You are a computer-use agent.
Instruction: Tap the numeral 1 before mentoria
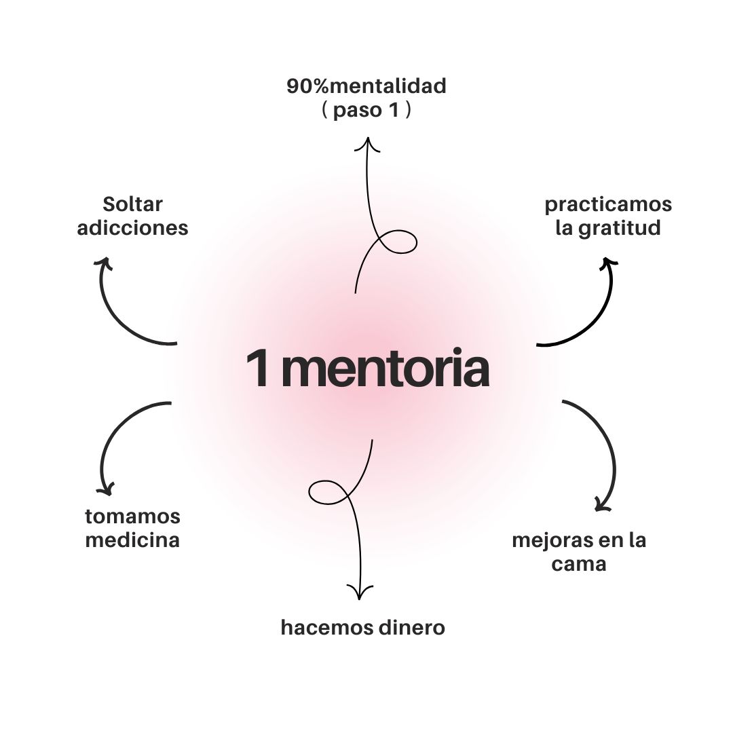pyautogui.click(x=257, y=369)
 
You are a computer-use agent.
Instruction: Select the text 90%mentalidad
pyautogui.click(x=366, y=87)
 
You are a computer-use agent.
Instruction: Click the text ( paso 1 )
pyautogui.click(x=366, y=111)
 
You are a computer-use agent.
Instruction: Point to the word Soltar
pyautogui.click(x=132, y=204)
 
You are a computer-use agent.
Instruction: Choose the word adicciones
pyautogui.click(x=132, y=228)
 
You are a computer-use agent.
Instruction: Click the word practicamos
pyautogui.click(x=608, y=205)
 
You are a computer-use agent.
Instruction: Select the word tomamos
pyautogui.click(x=132, y=516)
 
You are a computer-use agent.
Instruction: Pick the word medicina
pyautogui.click(x=132, y=540)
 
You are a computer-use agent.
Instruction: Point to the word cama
pyautogui.click(x=578, y=564)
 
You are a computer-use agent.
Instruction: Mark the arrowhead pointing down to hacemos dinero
pyautogui.click(x=359, y=592)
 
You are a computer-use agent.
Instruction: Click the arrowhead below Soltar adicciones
pyautogui.click(x=103, y=263)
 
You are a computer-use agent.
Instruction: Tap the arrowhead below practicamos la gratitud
pyautogui.click(x=609, y=263)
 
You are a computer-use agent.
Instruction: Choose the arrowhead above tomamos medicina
pyautogui.click(x=105, y=488)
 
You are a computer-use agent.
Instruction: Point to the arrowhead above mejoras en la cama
pyautogui.click(x=602, y=504)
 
